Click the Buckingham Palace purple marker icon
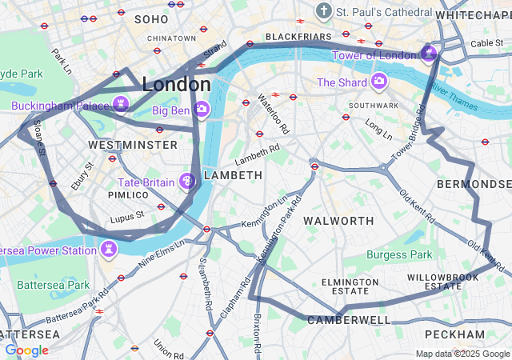[x=121, y=104]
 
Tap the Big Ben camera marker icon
[x=202, y=108]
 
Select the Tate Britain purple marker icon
[x=188, y=182]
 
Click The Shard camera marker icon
[x=378, y=82]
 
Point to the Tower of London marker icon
[x=429, y=54]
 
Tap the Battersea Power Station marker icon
[x=107, y=250]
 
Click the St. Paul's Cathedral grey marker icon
[x=323, y=12]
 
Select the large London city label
[x=176, y=84]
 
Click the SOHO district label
[x=151, y=18]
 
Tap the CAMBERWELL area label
[x=351, y=320]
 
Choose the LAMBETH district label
[x=233, y=174]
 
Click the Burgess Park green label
[x=399, y=255]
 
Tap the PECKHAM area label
[x=454, y=334]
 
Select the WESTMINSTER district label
[x=133, y=145]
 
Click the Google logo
[x=26, y=350]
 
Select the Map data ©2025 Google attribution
[x=462, y=354]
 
